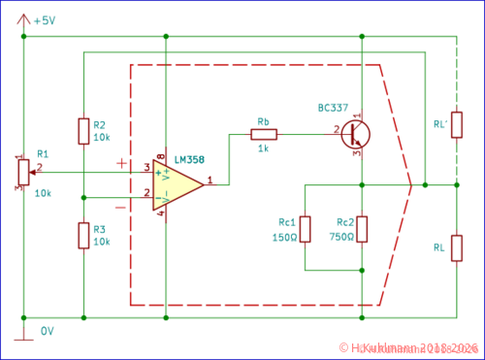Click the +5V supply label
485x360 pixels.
coord(44,20)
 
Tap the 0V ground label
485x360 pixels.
coord(47,331)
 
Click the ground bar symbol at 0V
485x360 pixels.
coord(23,339)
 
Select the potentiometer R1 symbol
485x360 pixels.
coord(23,172)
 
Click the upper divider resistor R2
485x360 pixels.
coord(83,130)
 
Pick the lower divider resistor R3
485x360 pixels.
coord(83,235)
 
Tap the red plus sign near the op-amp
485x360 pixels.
coord(121,163)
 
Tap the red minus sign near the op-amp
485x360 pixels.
coord(120,207)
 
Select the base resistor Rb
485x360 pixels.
coord(264,135)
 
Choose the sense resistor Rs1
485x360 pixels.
coord(305,229)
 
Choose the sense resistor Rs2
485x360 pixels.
coord(361,229)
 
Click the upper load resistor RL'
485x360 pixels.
coord(456,124)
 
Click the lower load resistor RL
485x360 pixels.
coord(456,247)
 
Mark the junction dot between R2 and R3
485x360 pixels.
coord(83,197)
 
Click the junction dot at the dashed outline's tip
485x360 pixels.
coord(425,184)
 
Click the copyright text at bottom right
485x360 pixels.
coord(408,348)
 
